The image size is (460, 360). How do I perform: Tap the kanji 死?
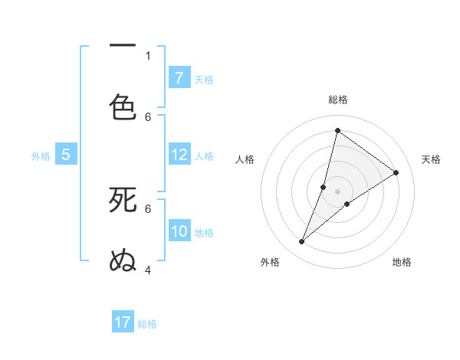coord(123,200)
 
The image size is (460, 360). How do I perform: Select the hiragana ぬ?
coord(123,261)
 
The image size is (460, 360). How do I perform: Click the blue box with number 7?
coord(179,78)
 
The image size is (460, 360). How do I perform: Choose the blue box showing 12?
coord(179,155)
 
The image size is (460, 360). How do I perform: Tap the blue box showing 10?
coord(179,231)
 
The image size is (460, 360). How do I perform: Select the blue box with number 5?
coord(65,155)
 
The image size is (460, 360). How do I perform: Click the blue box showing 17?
coord(122,322)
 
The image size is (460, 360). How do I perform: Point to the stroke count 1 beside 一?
coord(148,55)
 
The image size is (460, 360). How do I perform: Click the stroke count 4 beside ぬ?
coord(148,270)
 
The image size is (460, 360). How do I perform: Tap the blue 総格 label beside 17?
coord(147,324)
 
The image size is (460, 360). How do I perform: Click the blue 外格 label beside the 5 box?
coord(41,156)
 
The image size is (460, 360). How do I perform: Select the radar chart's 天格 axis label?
coord(431,159)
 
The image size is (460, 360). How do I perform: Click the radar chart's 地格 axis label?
coord(402,262)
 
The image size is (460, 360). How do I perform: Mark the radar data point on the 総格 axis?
coord(337,130)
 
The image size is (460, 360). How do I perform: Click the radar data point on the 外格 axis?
coord(302,242)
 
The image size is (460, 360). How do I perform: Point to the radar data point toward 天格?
coord(396,172)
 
